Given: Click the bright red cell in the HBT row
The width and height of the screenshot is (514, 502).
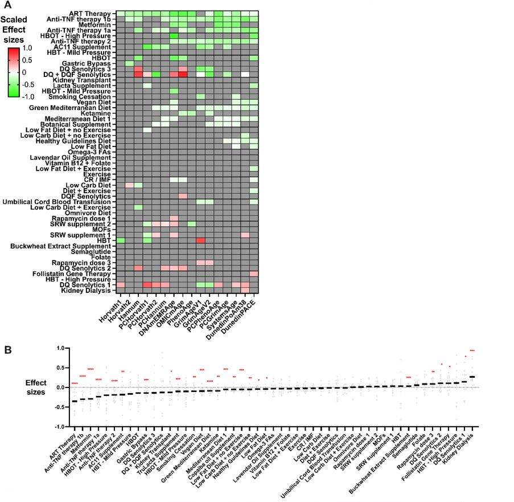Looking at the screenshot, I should [x=200, y=240].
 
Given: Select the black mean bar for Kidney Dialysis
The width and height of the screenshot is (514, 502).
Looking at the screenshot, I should [x=472, y=377].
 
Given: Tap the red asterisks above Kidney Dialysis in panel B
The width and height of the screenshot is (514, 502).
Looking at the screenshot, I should [x=472, y=350].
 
